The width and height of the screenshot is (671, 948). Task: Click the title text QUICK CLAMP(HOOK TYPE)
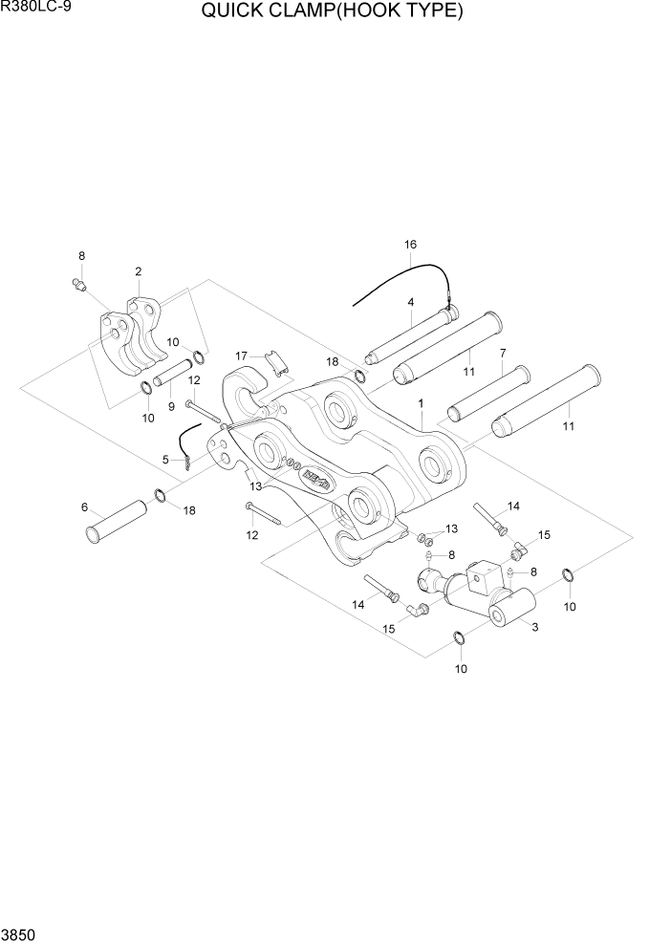(333, 11)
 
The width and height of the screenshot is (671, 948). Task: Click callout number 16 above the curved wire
(410, 245)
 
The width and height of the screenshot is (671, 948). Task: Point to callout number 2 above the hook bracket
(139, 272)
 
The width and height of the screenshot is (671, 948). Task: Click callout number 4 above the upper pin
(410, 302)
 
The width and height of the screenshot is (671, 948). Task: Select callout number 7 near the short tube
(502, 354)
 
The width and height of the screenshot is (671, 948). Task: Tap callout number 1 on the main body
(420, 404)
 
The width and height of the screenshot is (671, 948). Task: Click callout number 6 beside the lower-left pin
(85, 506)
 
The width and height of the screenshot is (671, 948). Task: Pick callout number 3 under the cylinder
(534, 627)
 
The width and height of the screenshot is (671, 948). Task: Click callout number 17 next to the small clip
(242, 356)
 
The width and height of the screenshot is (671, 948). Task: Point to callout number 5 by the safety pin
(165, 460)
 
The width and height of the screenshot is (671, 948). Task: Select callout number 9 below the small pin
(170, 406)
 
